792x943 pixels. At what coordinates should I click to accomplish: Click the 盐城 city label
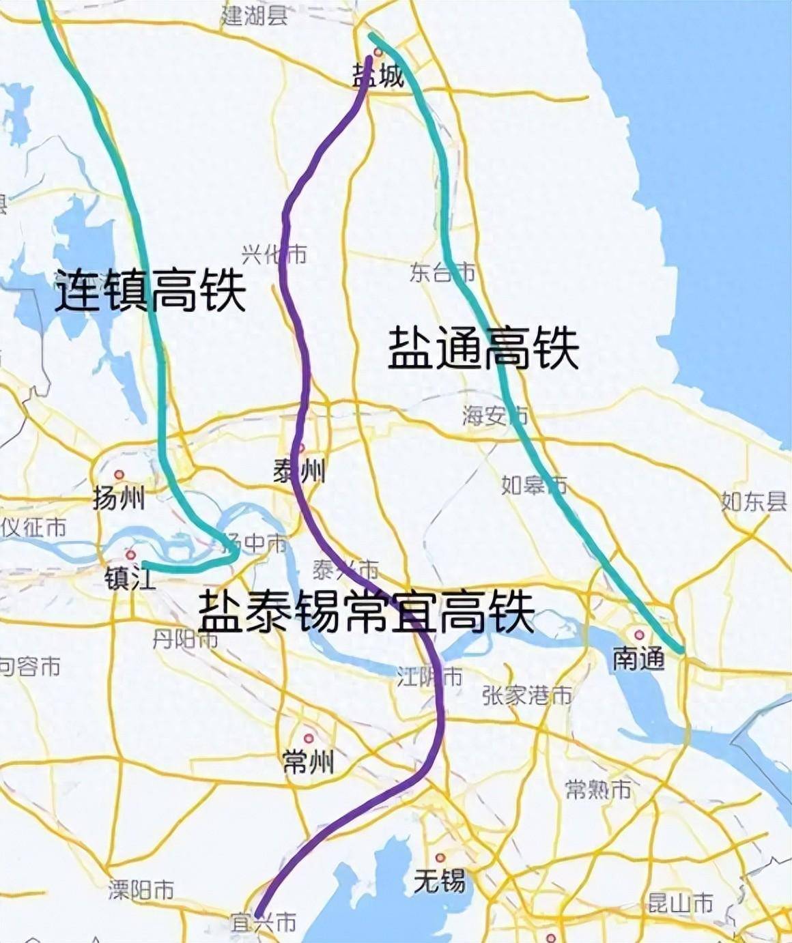(x=378, y=76)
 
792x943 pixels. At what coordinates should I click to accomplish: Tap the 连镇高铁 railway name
(x=150, y=291)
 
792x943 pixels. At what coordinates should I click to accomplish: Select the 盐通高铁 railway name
(x=483, y=349)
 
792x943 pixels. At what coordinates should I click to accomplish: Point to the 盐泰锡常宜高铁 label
(x=366, y=612)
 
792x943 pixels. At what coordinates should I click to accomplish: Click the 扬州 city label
(x=119, y=499)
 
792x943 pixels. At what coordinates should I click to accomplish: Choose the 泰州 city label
(x=300, y=471)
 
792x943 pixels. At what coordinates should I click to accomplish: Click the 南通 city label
(x=638, y=658)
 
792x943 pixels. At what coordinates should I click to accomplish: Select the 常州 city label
(x=309, y=761)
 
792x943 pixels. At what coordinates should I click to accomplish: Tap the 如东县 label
(x=754, y=502)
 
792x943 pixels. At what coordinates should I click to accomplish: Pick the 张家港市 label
(x=527, y=695)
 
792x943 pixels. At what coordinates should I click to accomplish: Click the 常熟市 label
(x=599, y=789)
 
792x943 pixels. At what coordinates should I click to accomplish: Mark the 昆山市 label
(x=680, y=904)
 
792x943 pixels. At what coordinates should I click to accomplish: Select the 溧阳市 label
(x=141, y=890)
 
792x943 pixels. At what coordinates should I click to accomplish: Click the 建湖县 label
(x=254, y=16)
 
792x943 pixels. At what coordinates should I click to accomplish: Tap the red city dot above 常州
(x=309, y=738)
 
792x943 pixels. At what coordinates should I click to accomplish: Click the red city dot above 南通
(x=640, y=635)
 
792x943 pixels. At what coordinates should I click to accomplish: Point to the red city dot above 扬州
(x=119, y=474)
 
